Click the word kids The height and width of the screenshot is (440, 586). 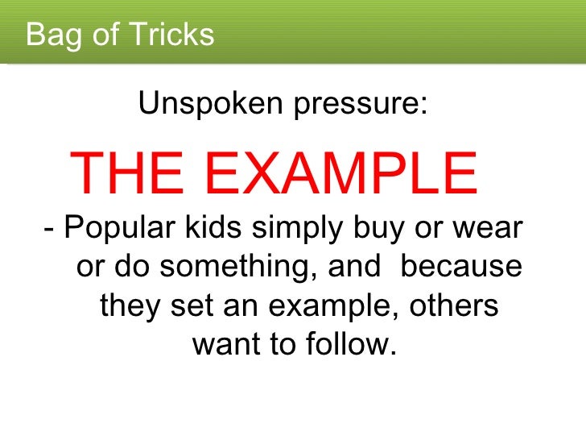[x=211, y=229]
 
